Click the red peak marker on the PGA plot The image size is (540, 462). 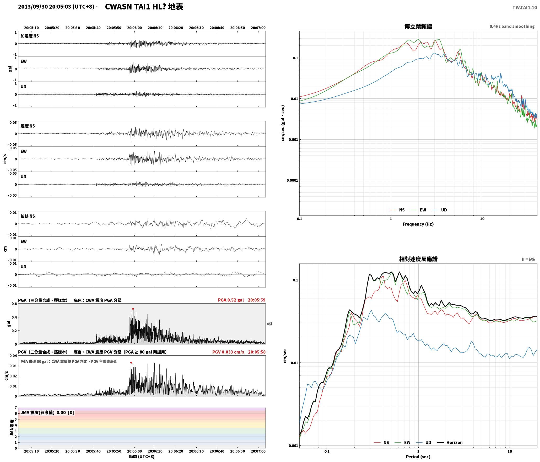click(133, 309)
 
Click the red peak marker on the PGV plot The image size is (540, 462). click(131, 363)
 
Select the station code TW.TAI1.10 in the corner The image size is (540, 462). click(525, 8)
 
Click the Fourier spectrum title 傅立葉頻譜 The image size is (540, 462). click(418, 27)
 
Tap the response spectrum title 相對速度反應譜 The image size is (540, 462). click(418, 259)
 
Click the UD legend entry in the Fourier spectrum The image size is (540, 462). click(439, 210)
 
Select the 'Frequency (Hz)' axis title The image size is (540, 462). click(418, 224)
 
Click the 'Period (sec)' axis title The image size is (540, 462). click(418, 457)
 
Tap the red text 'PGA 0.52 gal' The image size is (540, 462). click(231, 300)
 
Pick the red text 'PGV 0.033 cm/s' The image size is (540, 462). click(228, 352)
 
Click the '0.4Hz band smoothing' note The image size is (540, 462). click(512, 27)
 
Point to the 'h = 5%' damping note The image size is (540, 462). click(528, 259)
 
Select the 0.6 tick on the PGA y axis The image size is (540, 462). click(14, 304)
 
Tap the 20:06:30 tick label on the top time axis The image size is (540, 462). click(196, 28)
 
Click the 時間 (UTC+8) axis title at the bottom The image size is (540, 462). click(142, 456)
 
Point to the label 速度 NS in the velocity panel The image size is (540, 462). click(28, 126)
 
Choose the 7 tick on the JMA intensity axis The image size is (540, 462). click(16, 408)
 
